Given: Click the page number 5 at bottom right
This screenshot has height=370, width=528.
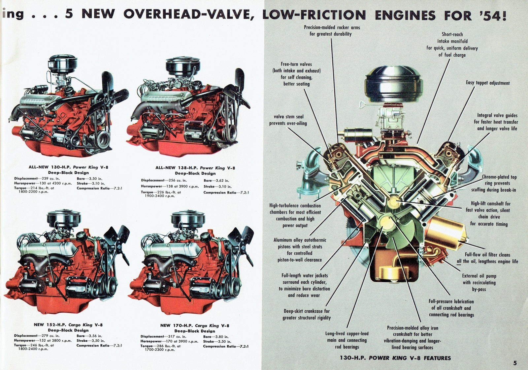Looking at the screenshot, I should (x=515, y=363).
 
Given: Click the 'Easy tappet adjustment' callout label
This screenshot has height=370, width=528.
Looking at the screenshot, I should (x=487, y=83).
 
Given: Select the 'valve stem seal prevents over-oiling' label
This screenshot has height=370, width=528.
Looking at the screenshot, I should (x=288, y=120).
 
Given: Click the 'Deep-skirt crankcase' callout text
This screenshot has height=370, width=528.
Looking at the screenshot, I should (x=307, y=314).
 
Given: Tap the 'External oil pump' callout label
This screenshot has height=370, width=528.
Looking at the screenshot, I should (x=479, y=282).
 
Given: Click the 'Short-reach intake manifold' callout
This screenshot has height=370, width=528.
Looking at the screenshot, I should (x=452, y=44).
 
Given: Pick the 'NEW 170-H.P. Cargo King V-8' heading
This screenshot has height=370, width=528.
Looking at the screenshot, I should (x=194, y=326).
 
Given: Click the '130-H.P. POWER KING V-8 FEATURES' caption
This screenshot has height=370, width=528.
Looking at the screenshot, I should (x=395, y=358).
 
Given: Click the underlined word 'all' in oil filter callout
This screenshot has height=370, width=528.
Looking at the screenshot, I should (x=459, y=261).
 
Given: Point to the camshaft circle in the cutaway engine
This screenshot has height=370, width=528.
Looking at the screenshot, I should (x=395, y=201).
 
